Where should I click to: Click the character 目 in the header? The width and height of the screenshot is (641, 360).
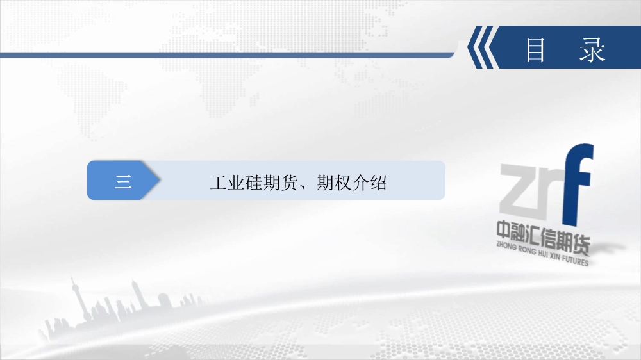(x=535, y=50)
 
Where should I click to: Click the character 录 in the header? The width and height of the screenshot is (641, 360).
(x=592, y=50)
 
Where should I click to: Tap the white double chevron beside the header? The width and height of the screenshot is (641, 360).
(x=483, y=47)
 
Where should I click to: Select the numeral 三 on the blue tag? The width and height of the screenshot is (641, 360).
(x=123, y=181)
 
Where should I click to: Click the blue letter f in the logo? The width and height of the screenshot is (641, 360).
(x=578, y=184)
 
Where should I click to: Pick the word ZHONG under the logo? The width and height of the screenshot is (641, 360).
(x=506, y=245)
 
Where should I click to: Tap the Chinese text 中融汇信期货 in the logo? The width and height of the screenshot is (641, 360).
(x=544, y=238)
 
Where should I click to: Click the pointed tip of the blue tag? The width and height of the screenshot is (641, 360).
(x=160, y=180)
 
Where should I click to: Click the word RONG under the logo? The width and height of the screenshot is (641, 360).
(x=527, y=249)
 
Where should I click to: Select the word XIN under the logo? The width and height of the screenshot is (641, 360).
(x=554, y=256)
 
